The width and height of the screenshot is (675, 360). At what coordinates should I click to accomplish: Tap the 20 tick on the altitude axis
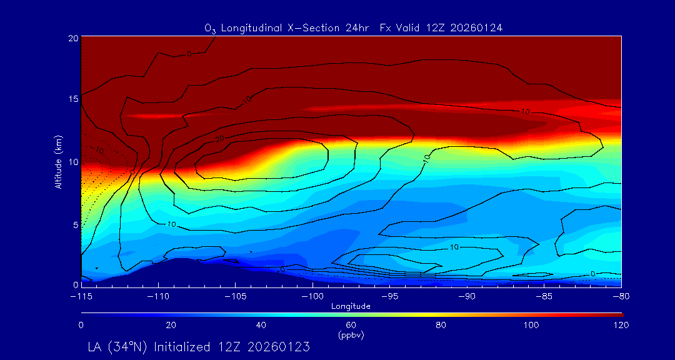coord(72,38)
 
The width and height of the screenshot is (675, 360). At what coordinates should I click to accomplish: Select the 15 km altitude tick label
coord(72,99)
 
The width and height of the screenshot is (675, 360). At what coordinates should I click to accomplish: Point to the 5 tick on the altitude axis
coord(74,224)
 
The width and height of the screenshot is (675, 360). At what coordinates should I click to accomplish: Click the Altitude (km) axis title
coord(59,161)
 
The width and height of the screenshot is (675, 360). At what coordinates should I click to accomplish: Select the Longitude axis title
coord(351,306)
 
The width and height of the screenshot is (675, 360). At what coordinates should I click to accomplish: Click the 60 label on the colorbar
coord(351,325)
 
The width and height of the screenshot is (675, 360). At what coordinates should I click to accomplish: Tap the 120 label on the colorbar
coord(621,325)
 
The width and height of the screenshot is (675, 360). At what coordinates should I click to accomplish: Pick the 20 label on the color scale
coord(171,325)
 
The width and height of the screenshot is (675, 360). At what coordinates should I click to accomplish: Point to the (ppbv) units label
coord(351,334)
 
